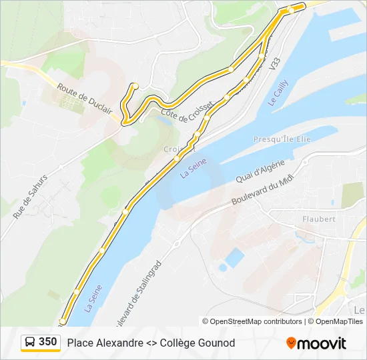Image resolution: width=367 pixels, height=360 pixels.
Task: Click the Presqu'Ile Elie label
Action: click(x=282, y=139)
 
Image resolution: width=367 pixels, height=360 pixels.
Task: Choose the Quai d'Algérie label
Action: click(x=261, y=171)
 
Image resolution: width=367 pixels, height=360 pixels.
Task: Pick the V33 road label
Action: click(x=274, y=65)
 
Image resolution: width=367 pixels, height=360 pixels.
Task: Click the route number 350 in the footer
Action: click(x=48, y=342)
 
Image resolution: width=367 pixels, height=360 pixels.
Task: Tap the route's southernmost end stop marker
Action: click(x=62, y=321)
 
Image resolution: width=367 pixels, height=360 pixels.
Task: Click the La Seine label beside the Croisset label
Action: click(x=194, y=167)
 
